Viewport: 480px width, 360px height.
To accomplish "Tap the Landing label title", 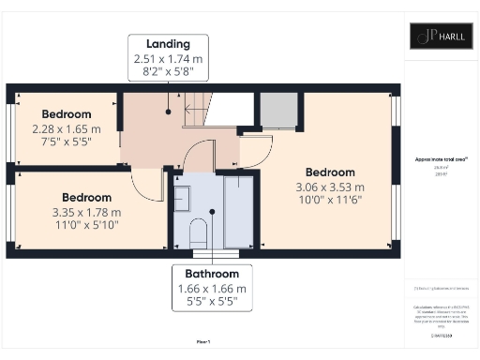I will [169, 44].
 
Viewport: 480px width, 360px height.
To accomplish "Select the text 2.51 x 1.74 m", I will [169, 58].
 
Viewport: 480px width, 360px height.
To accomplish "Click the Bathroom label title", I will [211, 274].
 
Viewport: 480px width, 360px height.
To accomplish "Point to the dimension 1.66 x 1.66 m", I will [211, 289].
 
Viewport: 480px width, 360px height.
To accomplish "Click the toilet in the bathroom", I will [197, 231].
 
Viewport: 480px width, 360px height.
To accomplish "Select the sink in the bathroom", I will [183, 198].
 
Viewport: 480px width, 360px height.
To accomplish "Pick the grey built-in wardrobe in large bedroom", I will [278, 111].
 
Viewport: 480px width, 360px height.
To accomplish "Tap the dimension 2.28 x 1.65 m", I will [60, 129].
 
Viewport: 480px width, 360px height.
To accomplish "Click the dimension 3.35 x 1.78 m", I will [86, 212].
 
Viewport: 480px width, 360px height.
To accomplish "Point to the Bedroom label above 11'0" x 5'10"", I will [86, 198].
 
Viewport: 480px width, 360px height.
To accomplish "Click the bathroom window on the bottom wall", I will [211, 251].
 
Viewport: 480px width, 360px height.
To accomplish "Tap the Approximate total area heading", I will [440, 160].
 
